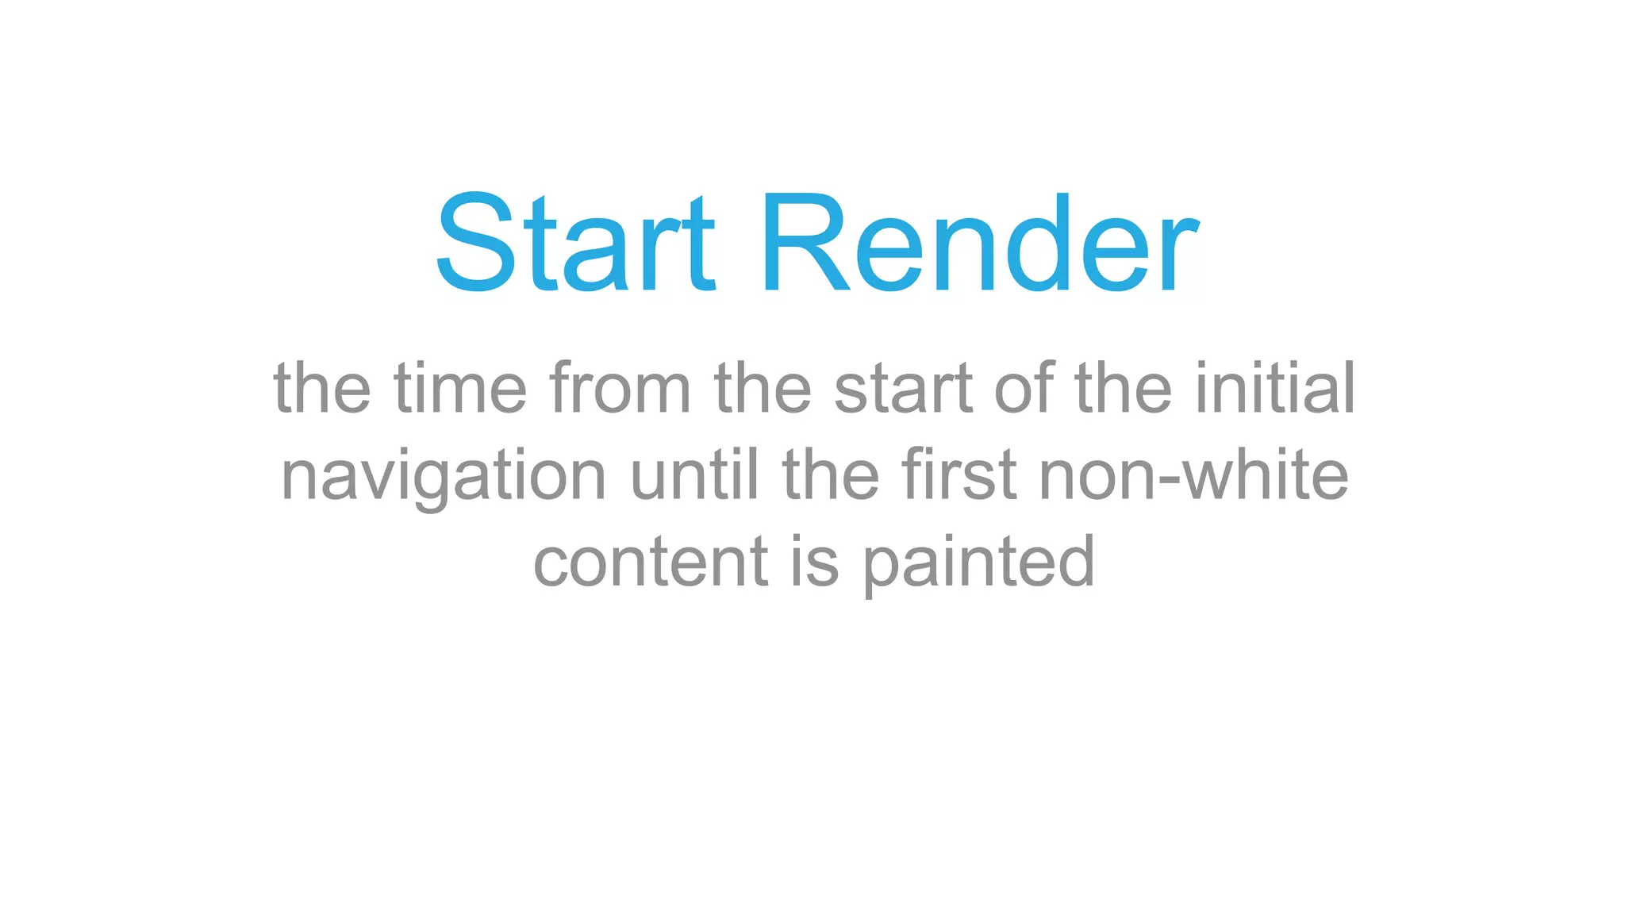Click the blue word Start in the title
pos(575,243)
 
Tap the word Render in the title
pos(979,243)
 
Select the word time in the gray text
pos(460,388)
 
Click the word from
pos(620,388)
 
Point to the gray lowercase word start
pos(903,388)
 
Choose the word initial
pos(1275,388)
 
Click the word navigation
pos(444,476)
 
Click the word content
pos(651,562)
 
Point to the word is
pos(815,562)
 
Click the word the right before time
pos(322,388)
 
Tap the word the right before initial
pos(1124,388)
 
